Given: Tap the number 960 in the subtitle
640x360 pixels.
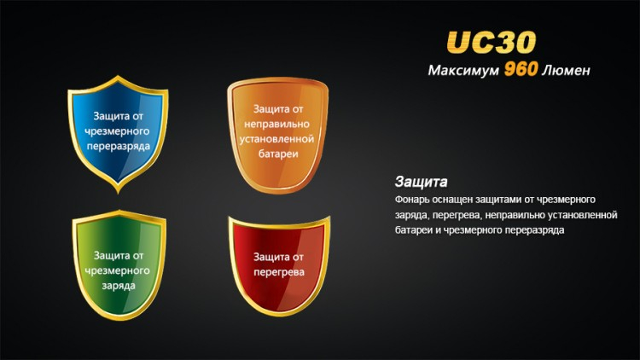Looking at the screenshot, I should [520, 70].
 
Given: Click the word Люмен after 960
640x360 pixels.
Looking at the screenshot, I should [566, 71].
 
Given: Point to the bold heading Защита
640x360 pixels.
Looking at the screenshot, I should [421, 182].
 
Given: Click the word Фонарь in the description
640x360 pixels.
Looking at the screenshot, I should [413, 199].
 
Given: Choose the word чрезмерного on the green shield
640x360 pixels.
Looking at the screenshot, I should [119, 270].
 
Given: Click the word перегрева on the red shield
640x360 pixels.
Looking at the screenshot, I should [279, 270].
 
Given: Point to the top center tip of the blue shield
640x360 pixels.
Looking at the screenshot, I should [119, 78].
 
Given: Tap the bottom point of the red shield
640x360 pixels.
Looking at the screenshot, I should [278, 318].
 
